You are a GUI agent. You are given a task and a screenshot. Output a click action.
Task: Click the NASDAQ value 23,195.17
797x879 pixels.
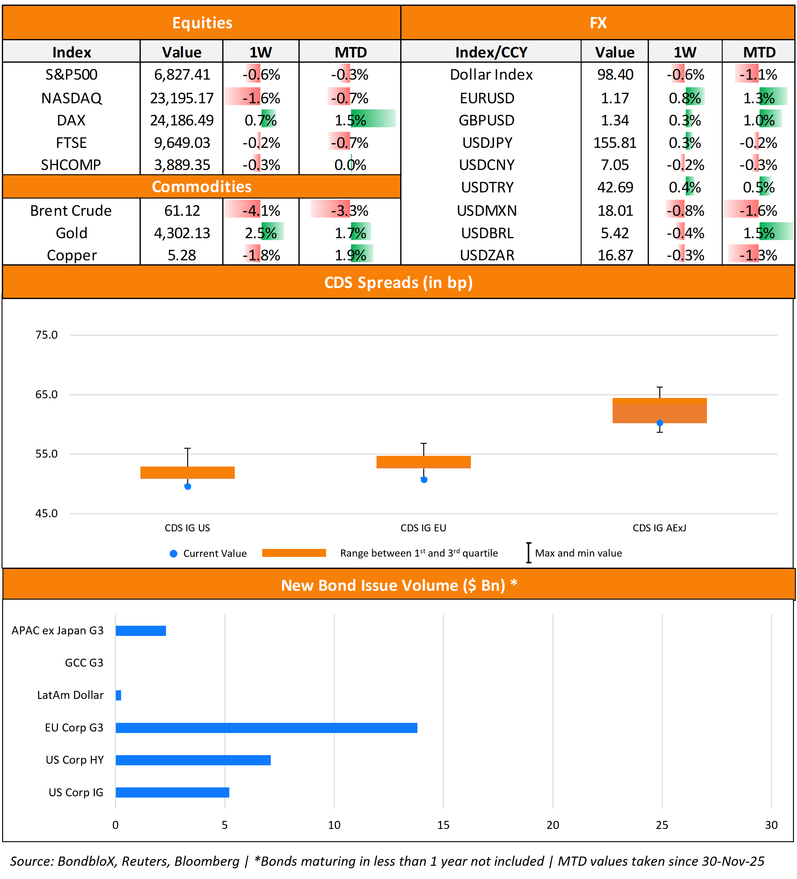(182, 98)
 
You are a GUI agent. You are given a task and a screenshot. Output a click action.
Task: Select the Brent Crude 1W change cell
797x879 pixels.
(261, 211)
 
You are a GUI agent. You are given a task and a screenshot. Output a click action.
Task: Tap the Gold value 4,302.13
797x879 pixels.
(182, 233)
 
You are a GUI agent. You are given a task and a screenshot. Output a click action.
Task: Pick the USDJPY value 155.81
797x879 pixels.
(614, 143)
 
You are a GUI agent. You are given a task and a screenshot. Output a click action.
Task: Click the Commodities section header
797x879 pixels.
(201, 187)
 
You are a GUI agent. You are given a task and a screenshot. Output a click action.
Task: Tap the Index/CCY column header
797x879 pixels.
(491, 52)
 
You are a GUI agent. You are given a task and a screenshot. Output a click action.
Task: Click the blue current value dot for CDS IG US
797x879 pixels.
(187, 487)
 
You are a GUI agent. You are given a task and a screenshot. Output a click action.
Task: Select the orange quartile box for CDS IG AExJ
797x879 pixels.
(659, 411)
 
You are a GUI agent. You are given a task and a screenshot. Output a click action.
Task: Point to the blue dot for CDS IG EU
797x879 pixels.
(424, 480)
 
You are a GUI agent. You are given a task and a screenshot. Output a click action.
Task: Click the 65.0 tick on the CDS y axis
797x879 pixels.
(46, 395)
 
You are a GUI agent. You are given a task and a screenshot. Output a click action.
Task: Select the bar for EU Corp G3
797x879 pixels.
(266, 728)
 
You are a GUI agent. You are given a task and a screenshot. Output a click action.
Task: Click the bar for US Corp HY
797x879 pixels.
(193, 760)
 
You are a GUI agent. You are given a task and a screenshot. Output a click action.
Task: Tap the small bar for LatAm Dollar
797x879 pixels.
(118, 695)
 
